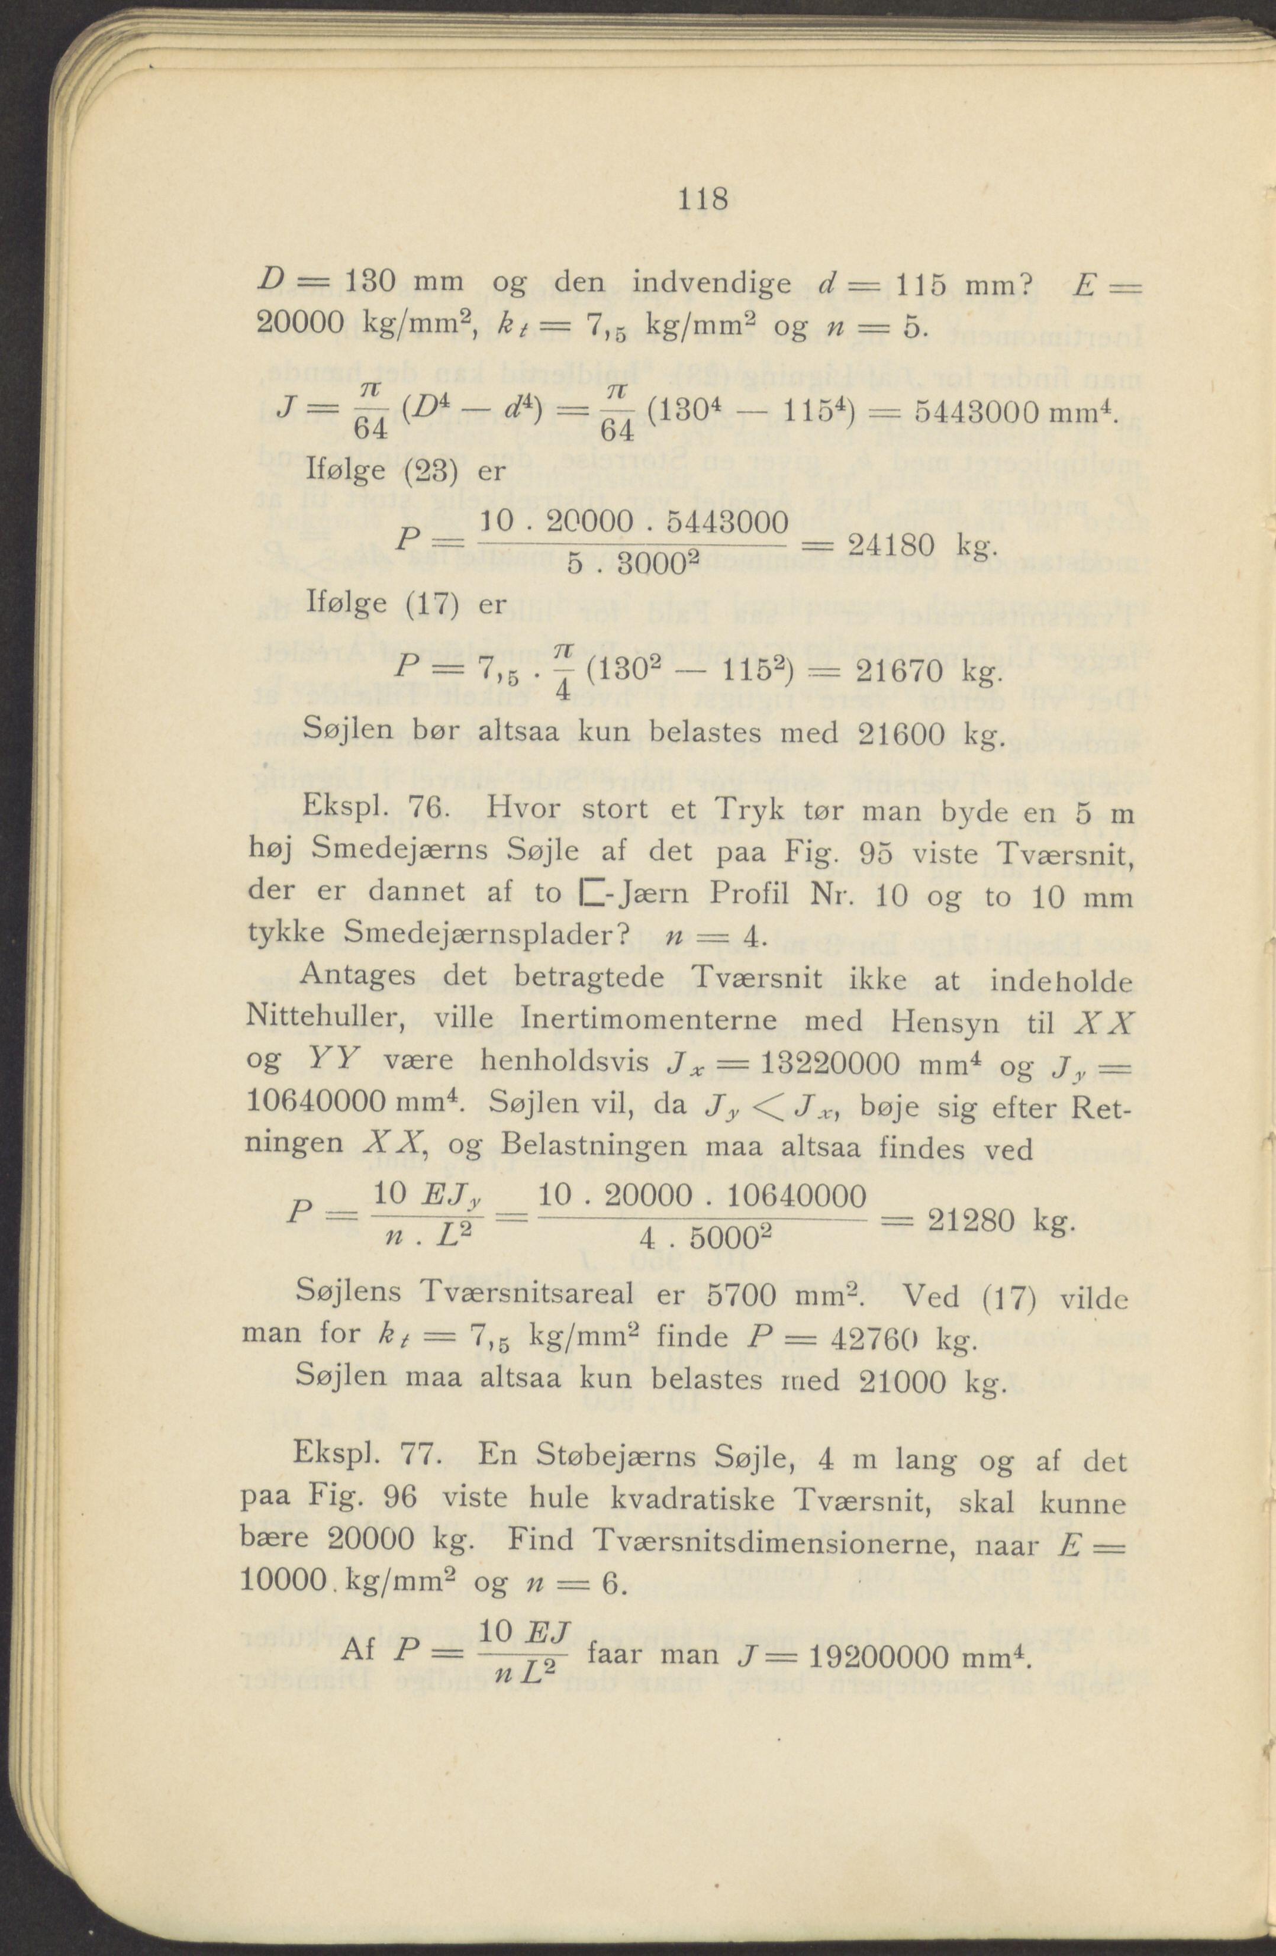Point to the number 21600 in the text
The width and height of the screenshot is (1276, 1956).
(x=894, y=731)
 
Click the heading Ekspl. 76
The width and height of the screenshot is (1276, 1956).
(x=375, y=810)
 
